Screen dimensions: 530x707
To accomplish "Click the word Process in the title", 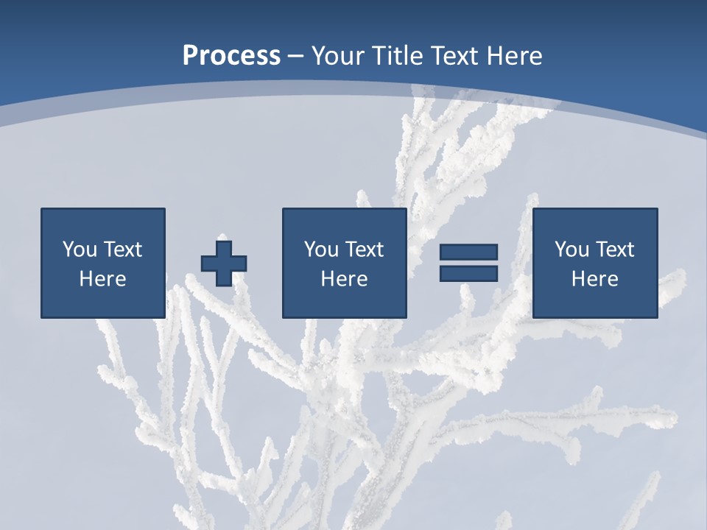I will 231,56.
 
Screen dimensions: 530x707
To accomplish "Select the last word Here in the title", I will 515,56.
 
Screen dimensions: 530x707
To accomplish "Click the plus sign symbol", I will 224,264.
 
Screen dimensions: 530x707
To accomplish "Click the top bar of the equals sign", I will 468,252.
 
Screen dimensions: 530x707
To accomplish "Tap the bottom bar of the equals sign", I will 468,273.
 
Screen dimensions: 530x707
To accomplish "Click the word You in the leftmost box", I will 80,250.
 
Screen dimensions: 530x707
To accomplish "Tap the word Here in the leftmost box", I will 103,279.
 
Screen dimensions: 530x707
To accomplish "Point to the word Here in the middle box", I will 345,279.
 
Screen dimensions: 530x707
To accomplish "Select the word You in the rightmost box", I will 571,250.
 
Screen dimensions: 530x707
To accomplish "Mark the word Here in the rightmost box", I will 595,279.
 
